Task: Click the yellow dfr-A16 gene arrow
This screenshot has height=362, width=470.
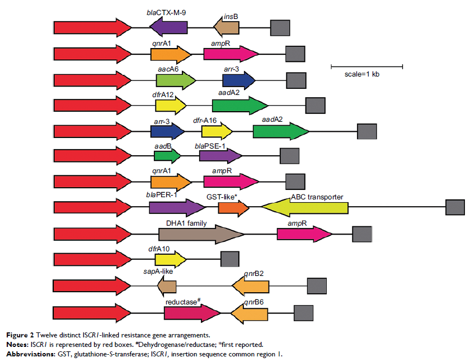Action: pos(217,131)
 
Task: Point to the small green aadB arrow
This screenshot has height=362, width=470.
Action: pos(167,156)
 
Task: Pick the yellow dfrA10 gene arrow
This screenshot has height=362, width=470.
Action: pos(170,259)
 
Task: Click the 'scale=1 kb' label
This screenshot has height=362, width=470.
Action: pos(362,75)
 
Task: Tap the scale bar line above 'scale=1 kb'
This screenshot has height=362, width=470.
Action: pos(366,66)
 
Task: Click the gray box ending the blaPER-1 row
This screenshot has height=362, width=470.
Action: pos(454,207)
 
